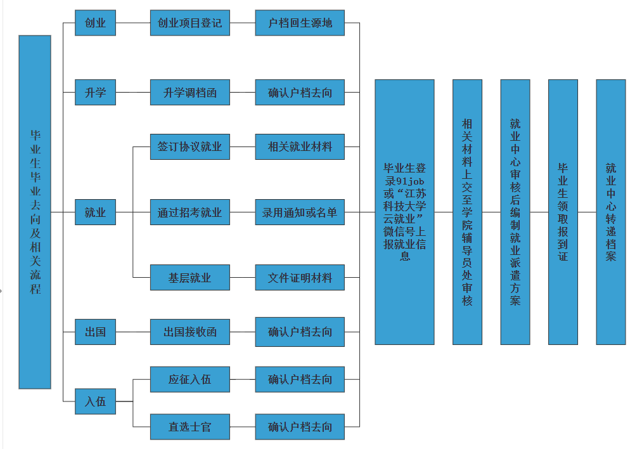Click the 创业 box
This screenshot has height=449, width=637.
(x=95, y=23)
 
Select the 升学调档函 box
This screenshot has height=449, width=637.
(x=190, y=93)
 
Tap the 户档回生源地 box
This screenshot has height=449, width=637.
(x=300, y=23)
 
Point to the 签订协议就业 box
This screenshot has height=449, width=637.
(x=190, y=146)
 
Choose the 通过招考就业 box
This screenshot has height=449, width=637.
(x=190, y=212)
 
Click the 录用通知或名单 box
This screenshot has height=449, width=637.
(x=300, y=212)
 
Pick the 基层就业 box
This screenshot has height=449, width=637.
(x=190, y=278)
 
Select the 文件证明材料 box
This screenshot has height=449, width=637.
(x=300, y=278)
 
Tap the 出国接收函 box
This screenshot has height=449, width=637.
(x=190, y=332)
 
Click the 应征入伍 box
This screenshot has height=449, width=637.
(x=190, y=379)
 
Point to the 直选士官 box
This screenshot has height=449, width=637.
(x=190, y=427)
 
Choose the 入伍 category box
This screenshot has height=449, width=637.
(x=95, y=401)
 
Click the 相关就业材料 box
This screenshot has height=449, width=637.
(x=300, y=146)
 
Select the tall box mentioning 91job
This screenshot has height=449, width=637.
(x=404, y=212)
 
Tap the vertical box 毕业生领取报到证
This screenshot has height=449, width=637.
(x=563, y=212)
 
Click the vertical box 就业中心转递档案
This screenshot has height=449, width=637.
(x=610, y=212)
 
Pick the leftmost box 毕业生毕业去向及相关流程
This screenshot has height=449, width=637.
(x=35, y=212)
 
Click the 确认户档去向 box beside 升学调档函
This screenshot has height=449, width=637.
(x=300, y=93)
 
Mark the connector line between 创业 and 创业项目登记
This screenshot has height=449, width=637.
(x=132, y=23)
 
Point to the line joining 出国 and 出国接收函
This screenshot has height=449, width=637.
(x=132, y=332)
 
